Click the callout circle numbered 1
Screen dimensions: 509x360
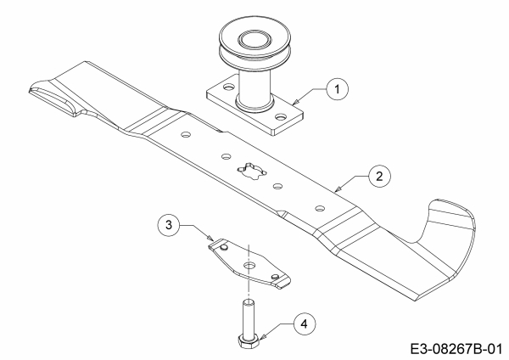pos(338,89)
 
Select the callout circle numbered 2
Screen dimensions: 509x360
pos(379,177)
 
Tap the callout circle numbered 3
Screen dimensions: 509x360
pos(169,225)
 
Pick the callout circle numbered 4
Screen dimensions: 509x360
pos(305,324)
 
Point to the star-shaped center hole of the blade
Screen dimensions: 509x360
pos(252,171)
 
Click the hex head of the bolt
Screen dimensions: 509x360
pos(249,341)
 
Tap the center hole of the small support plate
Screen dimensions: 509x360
pos(249,265)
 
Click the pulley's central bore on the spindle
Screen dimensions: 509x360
pos(252,40)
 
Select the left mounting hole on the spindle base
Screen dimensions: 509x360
pos(229,87)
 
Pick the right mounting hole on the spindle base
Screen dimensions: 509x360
pos(280,116)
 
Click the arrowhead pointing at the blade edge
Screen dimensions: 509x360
pos(338,188)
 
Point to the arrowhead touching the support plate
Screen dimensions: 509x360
pos(210,238)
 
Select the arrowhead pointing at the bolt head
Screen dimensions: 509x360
pos(262,337)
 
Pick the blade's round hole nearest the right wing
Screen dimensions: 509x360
pos(320,208)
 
